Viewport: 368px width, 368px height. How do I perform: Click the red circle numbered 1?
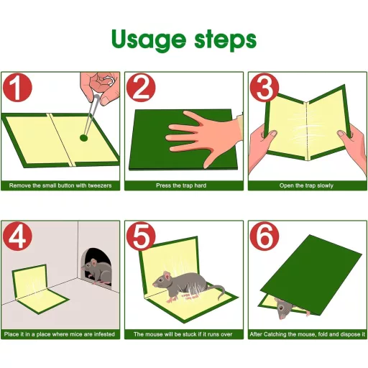17,88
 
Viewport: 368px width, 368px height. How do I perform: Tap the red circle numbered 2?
141,88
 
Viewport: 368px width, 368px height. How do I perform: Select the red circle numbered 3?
264,88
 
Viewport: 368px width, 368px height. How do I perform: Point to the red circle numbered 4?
17,236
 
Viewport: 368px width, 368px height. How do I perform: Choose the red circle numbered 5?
141,236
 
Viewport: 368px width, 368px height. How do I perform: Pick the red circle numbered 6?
264,236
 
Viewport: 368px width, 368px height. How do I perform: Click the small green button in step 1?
83,138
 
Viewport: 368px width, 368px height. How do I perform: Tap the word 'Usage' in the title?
149,40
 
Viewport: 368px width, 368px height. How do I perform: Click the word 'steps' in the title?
226,40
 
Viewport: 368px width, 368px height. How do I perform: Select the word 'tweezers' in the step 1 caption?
100,185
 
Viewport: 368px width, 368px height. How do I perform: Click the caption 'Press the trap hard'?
181,185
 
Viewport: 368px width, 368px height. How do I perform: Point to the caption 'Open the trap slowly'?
306,185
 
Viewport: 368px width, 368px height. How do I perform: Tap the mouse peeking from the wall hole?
97,271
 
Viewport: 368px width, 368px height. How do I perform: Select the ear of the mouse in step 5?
167,276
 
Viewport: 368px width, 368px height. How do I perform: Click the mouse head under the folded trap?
282,309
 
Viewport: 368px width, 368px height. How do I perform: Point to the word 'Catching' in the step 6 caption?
274,334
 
